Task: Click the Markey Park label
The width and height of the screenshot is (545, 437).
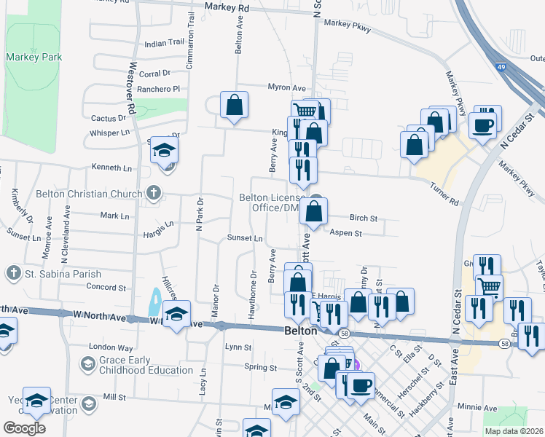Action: [x=34, y=57]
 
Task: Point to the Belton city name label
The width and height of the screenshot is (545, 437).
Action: [x=299, y=330]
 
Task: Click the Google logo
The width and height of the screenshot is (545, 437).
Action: [x=24, y=428]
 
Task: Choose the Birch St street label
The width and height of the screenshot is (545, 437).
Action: [x=363, y=218]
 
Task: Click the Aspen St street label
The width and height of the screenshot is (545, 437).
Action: [x=346, y=233]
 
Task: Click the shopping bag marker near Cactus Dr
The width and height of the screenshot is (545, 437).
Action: [x=235, y=105]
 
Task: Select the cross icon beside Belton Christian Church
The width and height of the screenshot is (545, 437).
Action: [x=153, y=193]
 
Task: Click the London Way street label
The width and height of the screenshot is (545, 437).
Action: [x=111, y=347]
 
